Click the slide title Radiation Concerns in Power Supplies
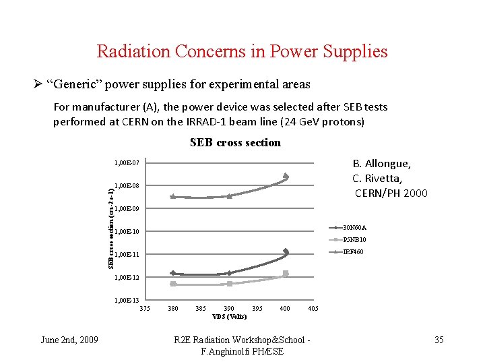242,51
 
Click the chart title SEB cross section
235,142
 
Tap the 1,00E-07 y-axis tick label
127,163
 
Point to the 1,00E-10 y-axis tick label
127,232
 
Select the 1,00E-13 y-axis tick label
127,300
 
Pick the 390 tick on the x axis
229,309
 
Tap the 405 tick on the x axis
313,309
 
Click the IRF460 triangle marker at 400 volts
286,175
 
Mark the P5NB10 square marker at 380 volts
173,284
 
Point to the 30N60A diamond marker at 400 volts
286,251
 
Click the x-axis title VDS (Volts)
229,316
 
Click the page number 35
439,340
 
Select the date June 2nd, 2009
69,340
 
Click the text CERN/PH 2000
391,193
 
